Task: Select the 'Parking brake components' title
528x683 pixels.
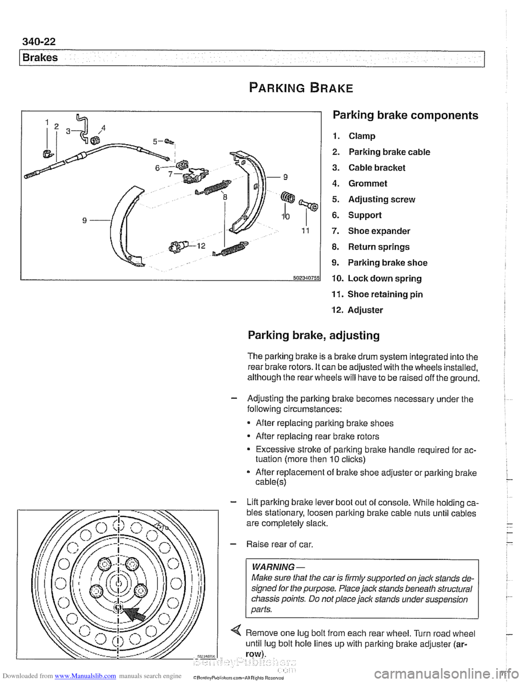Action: [405, 115]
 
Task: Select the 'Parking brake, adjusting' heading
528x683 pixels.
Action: [313, 335]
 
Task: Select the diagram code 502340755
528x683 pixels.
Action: [304, 277]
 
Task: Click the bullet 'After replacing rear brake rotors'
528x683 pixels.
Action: [317, 437]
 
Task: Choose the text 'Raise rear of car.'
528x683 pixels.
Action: [280, 544]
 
